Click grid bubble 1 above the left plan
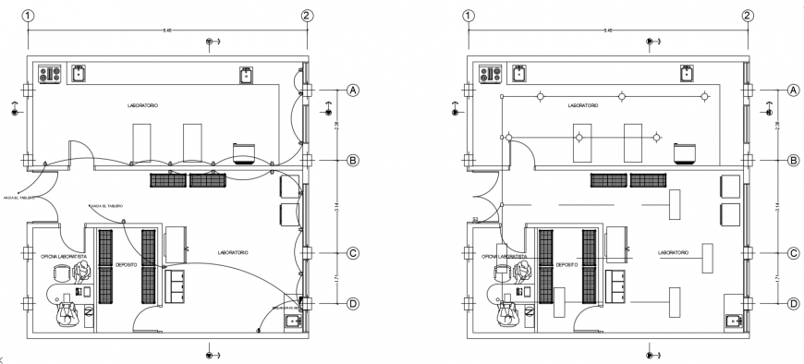29,16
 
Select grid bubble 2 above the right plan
747,16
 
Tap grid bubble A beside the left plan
352,90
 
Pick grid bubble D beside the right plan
792,303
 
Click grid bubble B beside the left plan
352,161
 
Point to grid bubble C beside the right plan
792,252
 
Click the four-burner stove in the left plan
48,73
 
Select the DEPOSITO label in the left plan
126,265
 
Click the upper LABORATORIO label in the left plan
142,106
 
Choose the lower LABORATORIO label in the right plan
673,252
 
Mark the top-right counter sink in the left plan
247,74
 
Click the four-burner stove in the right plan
488,73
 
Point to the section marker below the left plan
212,353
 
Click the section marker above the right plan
652,42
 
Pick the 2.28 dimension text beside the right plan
776,125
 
